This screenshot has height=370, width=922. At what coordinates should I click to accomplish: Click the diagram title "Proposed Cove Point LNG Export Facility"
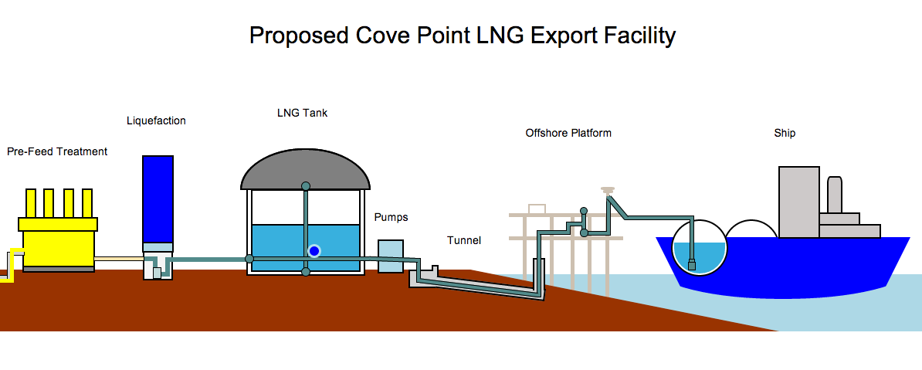click(463, 36)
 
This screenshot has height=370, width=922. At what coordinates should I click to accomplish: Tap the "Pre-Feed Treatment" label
click(57, 151)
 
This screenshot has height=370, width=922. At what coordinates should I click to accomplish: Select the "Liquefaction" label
click(156, 121)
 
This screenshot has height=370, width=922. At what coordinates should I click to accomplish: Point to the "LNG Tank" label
click(302, 113)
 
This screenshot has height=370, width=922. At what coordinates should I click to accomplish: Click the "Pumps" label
click(391, 217)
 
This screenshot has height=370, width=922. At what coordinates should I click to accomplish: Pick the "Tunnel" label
click(463, 240)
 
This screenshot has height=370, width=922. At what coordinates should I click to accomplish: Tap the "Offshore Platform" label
click(568, 133)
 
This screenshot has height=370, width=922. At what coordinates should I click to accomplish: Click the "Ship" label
click(785, 133)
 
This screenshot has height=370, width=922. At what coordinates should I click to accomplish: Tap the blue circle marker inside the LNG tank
click(314, 250)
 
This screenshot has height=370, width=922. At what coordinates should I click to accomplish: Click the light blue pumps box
click(391, 256)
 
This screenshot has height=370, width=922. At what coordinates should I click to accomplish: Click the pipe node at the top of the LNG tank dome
click(306, 186)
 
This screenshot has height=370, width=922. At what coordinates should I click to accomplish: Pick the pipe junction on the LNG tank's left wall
click(249, 259)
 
